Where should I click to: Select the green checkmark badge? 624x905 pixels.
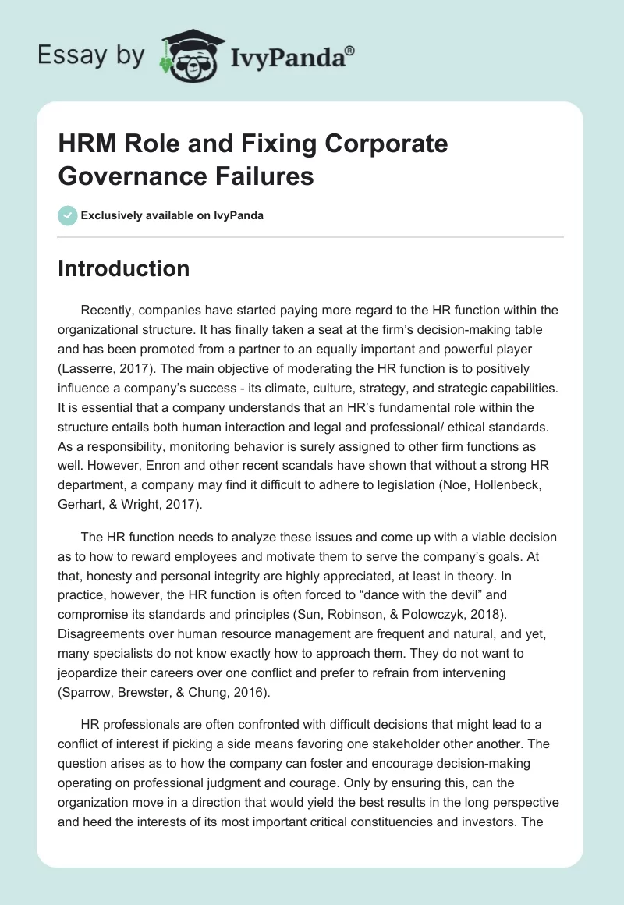click(68, 215)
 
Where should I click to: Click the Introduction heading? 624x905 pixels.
click(124, 268)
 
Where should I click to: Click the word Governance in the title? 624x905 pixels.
click(130, 176)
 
